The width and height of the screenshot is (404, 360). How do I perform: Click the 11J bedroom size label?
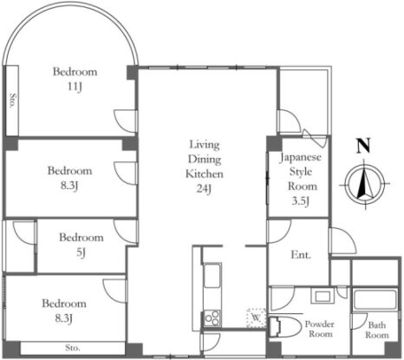75,87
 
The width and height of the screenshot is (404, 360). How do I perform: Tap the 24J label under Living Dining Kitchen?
204,188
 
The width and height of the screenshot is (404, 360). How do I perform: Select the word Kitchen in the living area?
205,173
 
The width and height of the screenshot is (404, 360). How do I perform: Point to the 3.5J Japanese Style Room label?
300,200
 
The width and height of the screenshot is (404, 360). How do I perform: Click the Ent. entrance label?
301,255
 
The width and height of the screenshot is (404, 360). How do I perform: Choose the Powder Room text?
320,329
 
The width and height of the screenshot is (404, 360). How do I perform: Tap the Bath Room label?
377,330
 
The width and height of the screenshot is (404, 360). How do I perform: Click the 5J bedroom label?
81,252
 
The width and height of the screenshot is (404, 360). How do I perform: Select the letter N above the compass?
363,146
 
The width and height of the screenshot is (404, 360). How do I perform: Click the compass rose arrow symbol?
365,184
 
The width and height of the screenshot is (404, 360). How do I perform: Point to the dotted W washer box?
256,317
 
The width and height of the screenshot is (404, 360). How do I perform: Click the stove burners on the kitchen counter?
212,318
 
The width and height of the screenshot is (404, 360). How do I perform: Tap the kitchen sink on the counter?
212,275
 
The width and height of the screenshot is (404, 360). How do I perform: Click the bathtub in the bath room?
375,299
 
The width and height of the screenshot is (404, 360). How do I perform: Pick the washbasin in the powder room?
323,296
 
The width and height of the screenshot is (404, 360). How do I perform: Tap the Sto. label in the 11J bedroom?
12,101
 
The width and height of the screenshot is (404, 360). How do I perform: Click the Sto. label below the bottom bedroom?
73,348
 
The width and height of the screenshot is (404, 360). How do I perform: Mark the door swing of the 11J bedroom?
125,121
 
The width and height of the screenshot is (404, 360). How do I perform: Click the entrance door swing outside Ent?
342,240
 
